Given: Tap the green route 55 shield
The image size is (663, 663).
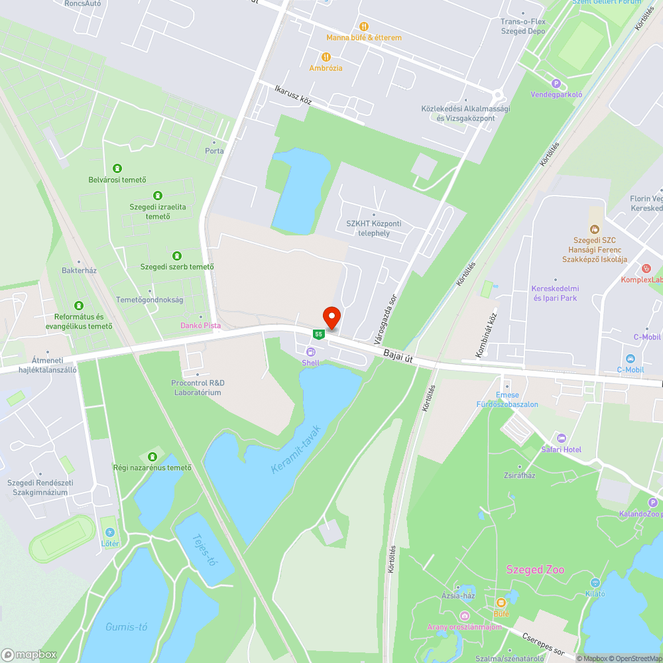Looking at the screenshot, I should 319,334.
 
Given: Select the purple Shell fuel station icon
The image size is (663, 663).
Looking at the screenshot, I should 310,351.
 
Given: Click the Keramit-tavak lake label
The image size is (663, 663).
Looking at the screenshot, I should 296,449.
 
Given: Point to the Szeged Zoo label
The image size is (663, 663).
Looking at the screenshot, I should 534,570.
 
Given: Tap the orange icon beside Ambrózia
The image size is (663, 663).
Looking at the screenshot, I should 326,57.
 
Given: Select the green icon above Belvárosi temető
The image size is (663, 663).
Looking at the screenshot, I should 117,168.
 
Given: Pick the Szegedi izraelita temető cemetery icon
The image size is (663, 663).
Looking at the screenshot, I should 158,196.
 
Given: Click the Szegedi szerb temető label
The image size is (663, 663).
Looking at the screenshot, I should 176,267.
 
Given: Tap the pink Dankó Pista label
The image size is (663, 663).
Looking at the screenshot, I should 200,326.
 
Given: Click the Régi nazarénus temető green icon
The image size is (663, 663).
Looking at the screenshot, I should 153,456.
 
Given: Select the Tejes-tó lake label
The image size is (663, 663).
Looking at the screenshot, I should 204,550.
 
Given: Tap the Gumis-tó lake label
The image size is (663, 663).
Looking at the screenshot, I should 126,627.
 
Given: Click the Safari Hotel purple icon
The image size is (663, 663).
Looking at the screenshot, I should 562,438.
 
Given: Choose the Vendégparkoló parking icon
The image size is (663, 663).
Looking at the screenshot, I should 556,84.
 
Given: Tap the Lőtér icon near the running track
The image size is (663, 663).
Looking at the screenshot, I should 109,532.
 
